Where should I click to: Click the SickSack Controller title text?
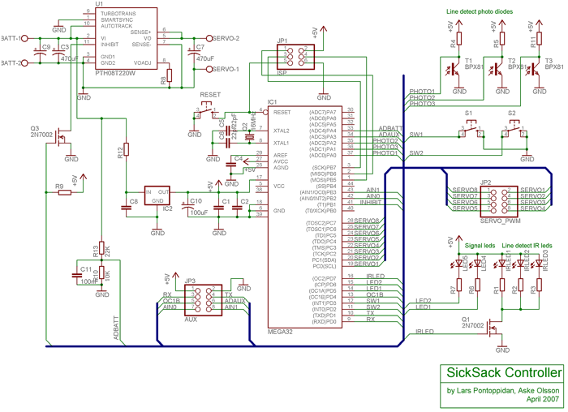pos(499,374)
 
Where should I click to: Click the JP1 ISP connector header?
pos(290,55)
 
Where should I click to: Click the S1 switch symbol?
pos(470,126)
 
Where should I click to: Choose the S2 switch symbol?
pos(513,126)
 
